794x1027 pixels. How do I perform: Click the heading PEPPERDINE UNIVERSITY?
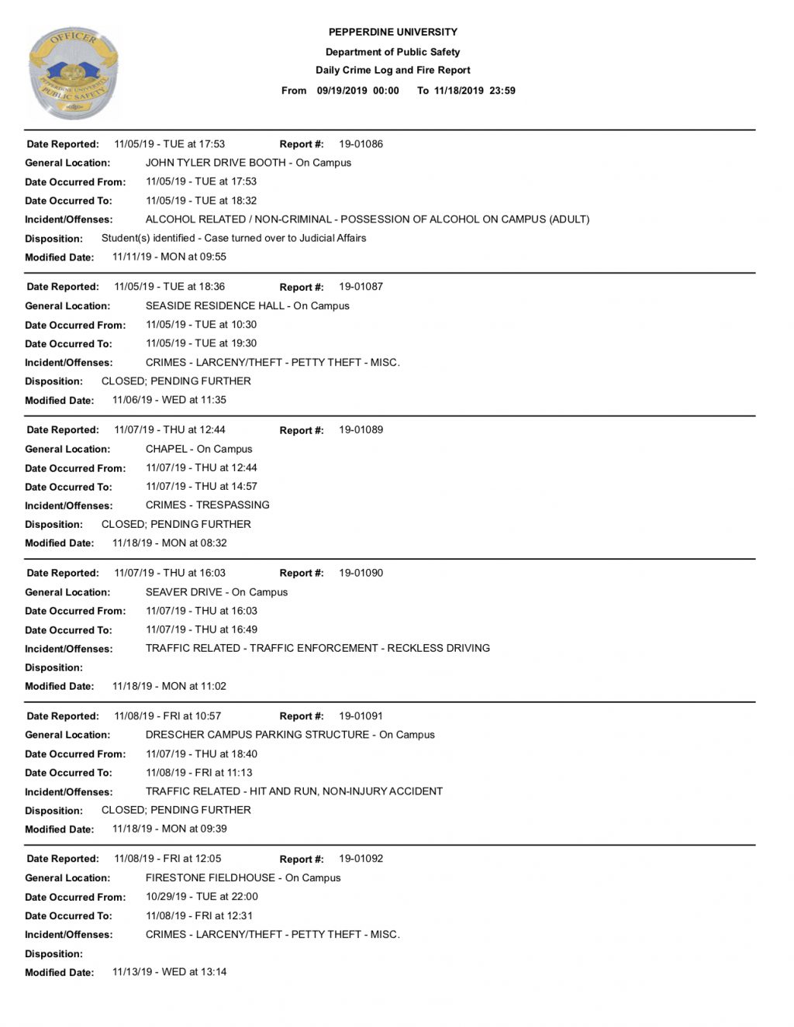[393, 33]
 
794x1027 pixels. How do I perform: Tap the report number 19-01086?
[361, 144]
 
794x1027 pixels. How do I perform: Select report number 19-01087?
[361, 287]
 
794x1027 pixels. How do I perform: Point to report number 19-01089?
[361, 430]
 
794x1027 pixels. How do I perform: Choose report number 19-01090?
[361, 574]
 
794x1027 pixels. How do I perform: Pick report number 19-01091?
[361, 716]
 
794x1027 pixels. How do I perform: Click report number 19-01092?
[361, 859]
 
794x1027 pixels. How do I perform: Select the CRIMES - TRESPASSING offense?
[208, 505]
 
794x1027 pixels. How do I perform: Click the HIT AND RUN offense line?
[294, 791]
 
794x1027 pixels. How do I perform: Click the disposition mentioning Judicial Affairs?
[233, 239]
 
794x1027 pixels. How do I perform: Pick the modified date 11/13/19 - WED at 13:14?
[169, 972]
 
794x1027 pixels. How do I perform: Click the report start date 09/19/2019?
[342, 91]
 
